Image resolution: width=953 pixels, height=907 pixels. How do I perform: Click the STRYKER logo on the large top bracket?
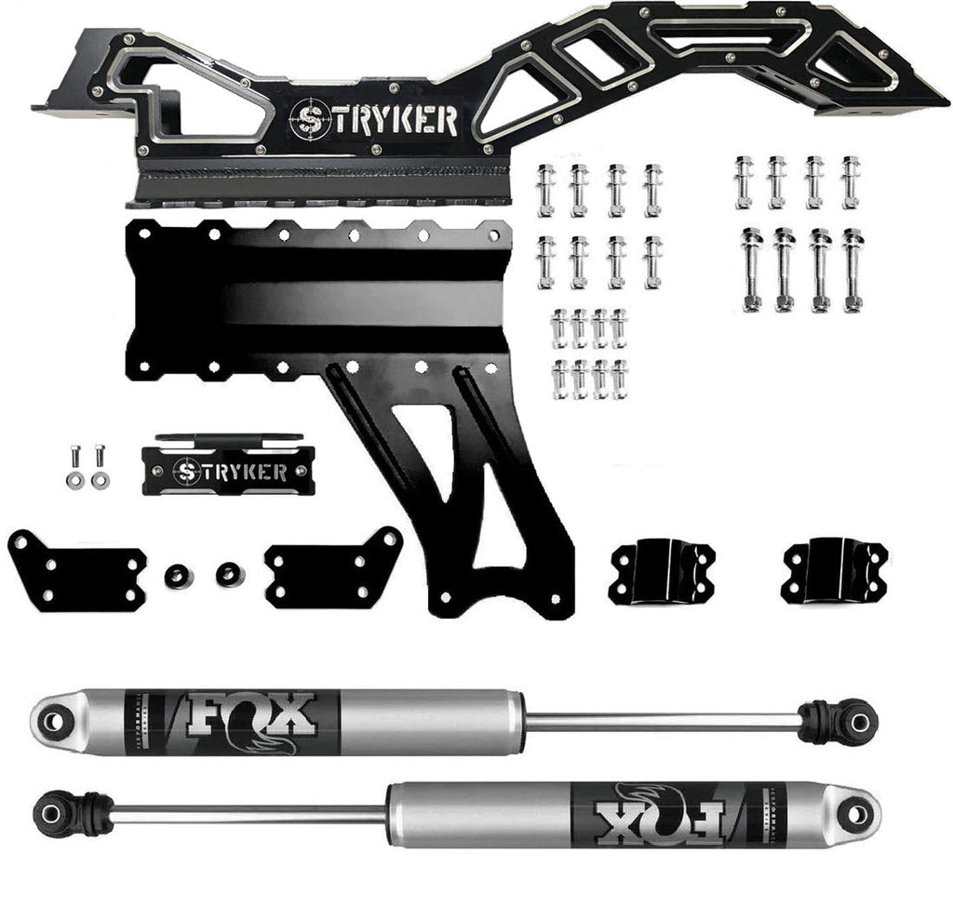372,120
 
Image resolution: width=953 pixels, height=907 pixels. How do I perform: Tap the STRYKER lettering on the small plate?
229,470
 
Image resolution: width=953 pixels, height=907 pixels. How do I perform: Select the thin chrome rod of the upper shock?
661,721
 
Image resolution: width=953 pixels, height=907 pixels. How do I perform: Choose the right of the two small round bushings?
229,574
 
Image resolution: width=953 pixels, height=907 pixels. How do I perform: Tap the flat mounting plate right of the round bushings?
331,569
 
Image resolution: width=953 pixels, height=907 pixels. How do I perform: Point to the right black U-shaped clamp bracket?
834,568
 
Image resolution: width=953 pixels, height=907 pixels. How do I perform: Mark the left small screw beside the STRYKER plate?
74,466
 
